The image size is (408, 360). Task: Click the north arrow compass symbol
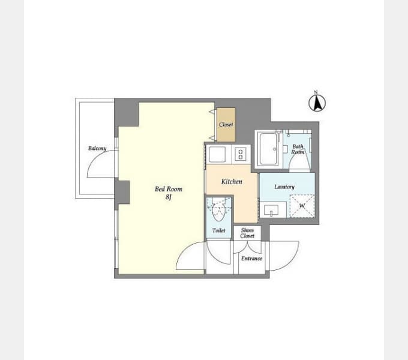[x=317, y=102]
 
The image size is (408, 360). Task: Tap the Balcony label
[x=97, y=148]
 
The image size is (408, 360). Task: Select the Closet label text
[x=226, y=124]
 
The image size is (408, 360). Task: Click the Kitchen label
[x=232, y=182]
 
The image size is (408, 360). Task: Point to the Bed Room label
[x=169, y=189]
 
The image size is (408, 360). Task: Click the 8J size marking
[x=169, y=197]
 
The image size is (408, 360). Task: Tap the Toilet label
[x=219, y=230]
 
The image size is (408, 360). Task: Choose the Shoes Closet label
[x=247, y=233]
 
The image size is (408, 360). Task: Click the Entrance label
[x=251, y=258]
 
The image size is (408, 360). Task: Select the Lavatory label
[x=284, y=187]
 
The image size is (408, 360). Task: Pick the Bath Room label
[x=298, y=149]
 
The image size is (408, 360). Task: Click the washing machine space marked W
[x=302, y=206]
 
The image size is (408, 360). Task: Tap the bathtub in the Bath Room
[x=269, y=149]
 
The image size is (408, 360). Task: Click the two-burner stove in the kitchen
[x=241, y=155]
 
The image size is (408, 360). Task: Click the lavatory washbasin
[x=271, y=210]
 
